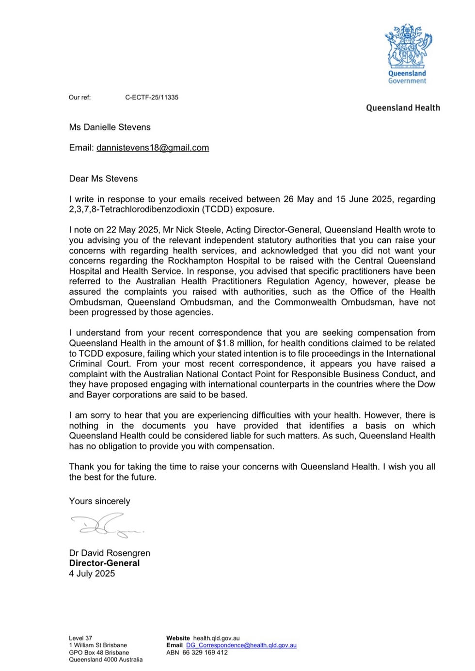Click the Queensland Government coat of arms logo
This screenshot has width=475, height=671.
pos(408,48)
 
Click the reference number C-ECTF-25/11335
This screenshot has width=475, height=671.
pos(152,97)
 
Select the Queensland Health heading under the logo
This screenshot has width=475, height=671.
pos(403,108)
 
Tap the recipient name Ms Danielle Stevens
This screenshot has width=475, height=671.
pos(110,128)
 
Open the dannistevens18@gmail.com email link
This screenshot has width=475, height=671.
pos(153,148)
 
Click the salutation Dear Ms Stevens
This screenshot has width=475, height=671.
pos(103,179)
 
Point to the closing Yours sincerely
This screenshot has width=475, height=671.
pos(99,501)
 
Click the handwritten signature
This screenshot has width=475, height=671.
pos(107,526)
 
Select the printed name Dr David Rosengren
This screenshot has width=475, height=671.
pos(110,553)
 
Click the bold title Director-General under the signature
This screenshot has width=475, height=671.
pos(104,563)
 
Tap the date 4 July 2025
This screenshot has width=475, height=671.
pos(92,574)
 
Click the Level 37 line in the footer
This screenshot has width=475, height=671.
pos(80,639)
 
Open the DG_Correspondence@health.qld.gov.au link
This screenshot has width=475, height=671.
pos(241,645)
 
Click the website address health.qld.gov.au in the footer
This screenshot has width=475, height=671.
pos(216,639)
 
